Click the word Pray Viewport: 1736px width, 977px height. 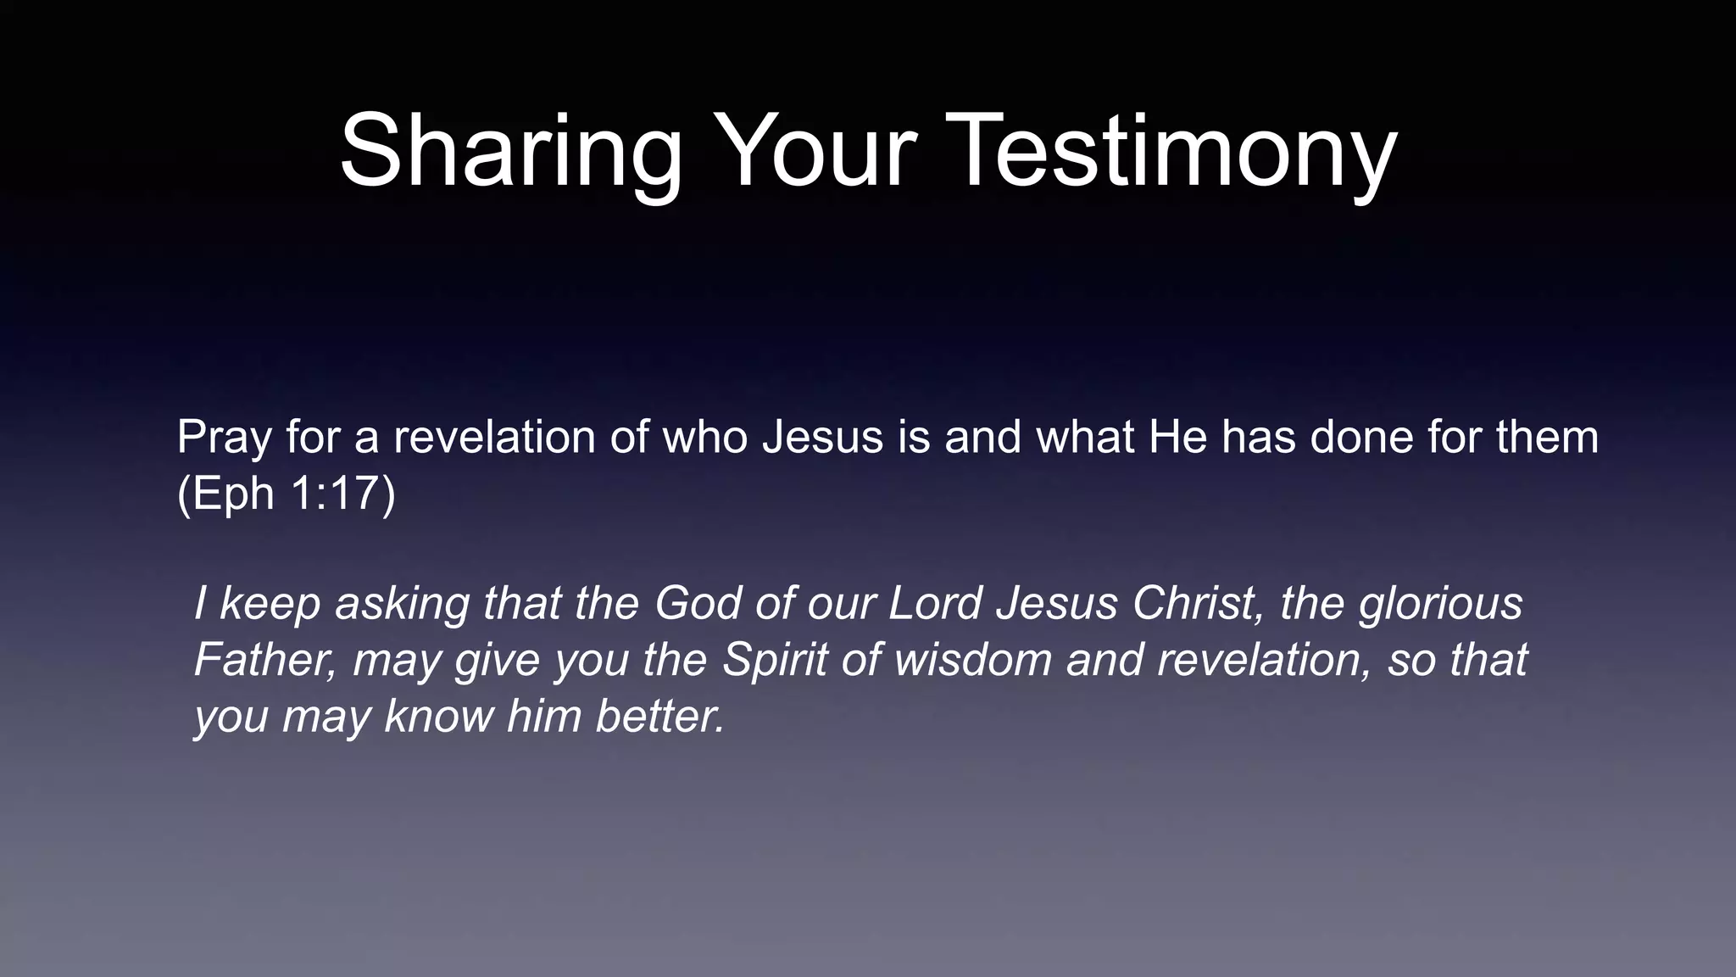224,439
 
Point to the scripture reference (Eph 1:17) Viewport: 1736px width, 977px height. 287,494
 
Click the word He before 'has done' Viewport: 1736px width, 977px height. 1177,438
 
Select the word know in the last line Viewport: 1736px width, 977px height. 438,717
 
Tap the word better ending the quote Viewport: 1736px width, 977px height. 659,717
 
